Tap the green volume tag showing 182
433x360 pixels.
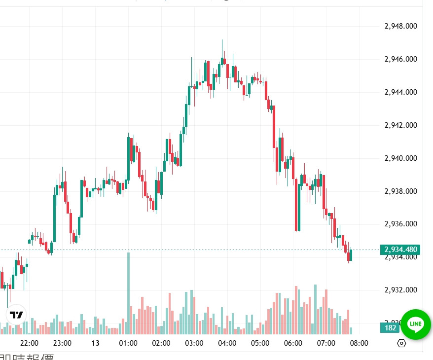(390, 328)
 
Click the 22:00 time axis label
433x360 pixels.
(29, 343)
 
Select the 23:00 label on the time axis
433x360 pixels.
(62, 343)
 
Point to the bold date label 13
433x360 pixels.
(95, 343)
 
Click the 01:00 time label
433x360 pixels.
(128, 343)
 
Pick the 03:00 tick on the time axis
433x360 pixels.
(194, 343)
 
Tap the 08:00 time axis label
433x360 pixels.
(359, 343)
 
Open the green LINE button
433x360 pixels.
(416, 324)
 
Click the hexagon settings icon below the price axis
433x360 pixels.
(401, 343)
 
